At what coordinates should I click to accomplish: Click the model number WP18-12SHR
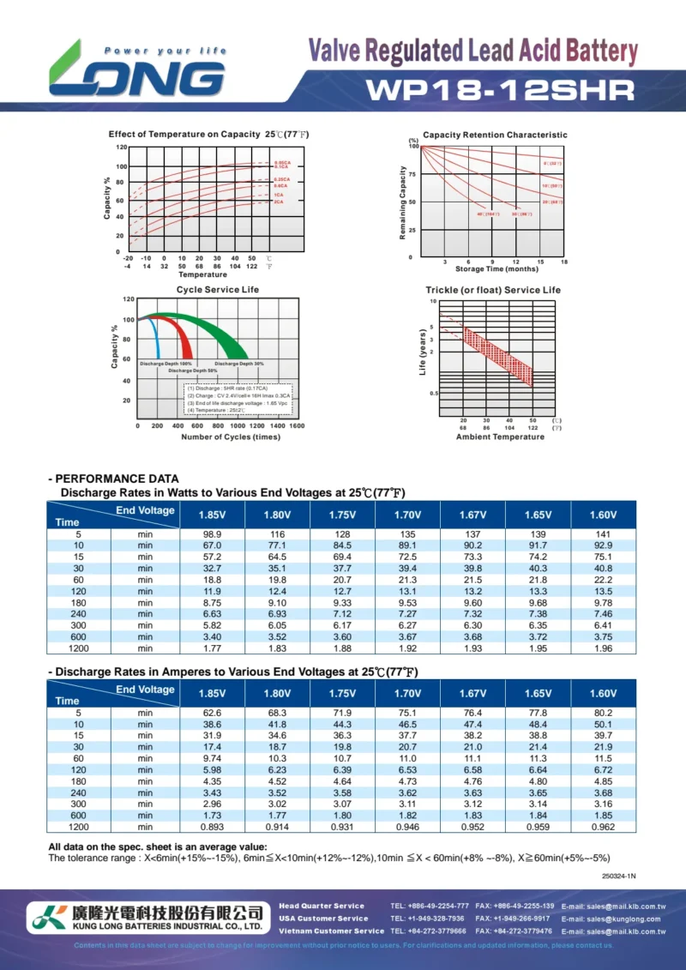501,90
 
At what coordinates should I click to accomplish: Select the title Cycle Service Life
218,290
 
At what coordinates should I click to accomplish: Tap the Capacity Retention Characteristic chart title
495,135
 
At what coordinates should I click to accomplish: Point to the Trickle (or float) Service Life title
493,290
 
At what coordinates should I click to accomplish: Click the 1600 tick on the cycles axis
296,425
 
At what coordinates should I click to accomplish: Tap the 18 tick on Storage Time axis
564,262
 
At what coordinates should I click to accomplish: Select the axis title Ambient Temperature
500,437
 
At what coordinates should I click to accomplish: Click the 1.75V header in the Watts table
342,515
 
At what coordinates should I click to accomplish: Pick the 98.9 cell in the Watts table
212,534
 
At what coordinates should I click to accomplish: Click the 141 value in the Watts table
603,534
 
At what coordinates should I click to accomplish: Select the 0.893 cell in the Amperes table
212,827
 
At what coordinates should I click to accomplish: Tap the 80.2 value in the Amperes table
603,713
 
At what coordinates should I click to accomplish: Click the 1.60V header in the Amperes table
603,693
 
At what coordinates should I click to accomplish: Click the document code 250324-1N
618,876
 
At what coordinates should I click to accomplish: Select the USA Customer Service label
322,919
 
